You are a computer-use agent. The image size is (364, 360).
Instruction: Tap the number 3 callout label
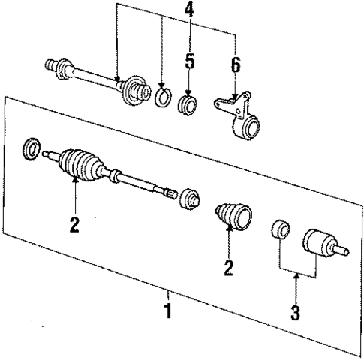296,310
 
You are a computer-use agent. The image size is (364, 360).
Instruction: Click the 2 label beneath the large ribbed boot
74,224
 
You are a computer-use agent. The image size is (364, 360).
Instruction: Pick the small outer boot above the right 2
230,216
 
